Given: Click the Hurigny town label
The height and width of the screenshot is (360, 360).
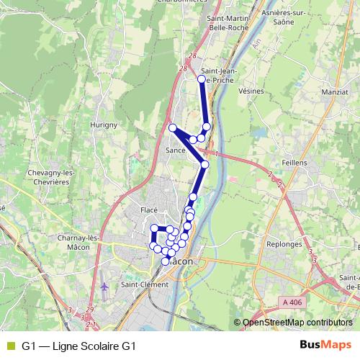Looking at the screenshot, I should pos(104,125).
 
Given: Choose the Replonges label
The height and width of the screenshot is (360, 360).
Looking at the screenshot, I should pos(288,244).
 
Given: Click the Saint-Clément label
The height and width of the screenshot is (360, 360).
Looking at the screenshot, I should pos(145,284).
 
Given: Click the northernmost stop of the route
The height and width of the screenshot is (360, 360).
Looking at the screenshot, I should pos(202,79).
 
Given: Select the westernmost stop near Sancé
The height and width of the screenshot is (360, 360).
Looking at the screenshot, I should pos(173,128).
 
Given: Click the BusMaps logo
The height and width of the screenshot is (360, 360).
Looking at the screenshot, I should pos(325,345).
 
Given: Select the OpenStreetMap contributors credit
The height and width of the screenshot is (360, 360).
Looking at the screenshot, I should pos(297,323).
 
